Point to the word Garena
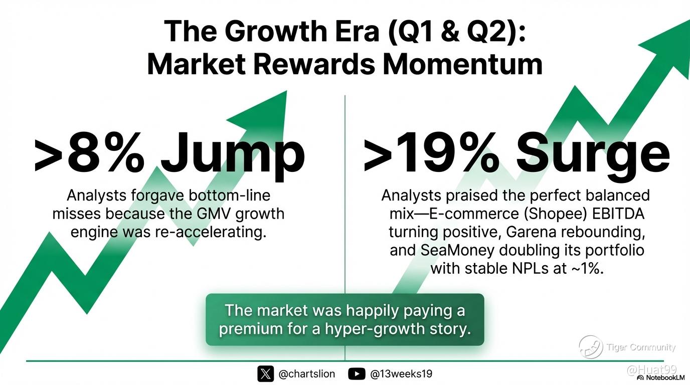(532, 232)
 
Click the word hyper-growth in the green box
(373, 329)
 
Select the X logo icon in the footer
(265, 374)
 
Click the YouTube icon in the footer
(357, 374)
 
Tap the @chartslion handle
(306, 374)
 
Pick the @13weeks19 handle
(401, 374)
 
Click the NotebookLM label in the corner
(664, 377)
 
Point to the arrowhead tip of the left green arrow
(287, 91)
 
